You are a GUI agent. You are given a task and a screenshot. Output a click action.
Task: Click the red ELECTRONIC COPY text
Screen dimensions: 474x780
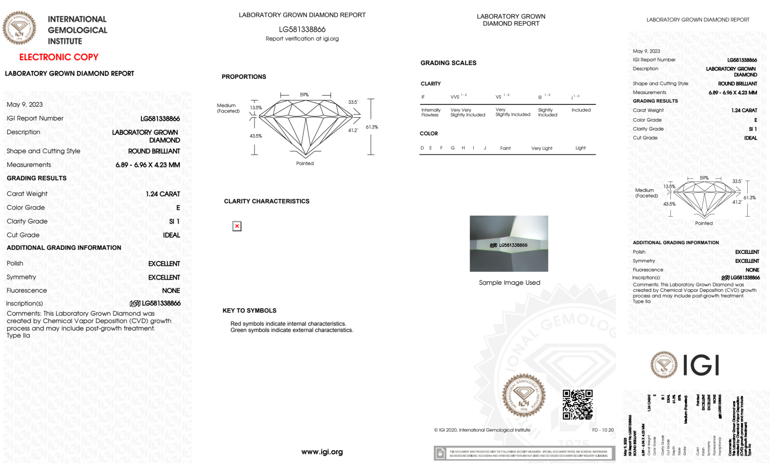pyautogui.click(x=59, y=57)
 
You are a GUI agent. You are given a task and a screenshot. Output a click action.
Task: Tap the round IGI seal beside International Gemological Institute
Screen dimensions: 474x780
pyautogui.click(x=19, y=28)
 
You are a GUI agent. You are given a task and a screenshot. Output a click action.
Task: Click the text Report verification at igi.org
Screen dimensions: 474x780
pyautogui.click(x=302, y=39)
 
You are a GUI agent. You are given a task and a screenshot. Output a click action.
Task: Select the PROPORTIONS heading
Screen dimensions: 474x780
pyautogui.click(x=244, y=76)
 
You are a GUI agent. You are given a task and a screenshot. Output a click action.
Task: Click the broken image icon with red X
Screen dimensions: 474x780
pyautogui.click(x=237, y=226)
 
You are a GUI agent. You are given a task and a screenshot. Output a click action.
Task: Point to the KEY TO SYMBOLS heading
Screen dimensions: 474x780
pyautogui.click(x=249, y=311)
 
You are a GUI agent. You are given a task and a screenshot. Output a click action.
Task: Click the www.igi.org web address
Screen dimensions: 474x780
pyautogui.click(x=322, y=452)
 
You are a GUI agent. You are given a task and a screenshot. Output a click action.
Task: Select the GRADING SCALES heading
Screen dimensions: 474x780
pyautogui.click(x=448, y=63)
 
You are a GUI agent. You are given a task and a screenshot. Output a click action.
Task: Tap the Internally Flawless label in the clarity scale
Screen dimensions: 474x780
pyautogui.click(x=431, y=112)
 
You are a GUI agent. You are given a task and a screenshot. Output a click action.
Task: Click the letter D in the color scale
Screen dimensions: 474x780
pyautogui.click(x=422, y=148)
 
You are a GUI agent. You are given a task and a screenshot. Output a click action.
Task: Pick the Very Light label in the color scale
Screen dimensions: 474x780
pyautogui.click(x=541, y=148)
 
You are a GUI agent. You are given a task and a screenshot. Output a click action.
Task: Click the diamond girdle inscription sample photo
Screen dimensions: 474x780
pyautogui.click(x=509, y=243)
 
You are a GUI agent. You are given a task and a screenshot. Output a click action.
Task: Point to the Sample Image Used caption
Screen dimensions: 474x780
pyautogui.click(x=509, y=282)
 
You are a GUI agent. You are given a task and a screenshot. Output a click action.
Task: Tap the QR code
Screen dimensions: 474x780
pyautogui.click(x=577, y=405)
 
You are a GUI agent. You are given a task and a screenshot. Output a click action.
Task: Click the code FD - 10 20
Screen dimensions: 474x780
pyautogui.click(x=603, y=430)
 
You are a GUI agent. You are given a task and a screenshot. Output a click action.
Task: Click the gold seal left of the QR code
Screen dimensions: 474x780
pyautogui.click(x=524, y=396)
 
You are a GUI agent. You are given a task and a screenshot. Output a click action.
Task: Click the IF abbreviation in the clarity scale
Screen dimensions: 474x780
pyautogui.click(x=423, y=97)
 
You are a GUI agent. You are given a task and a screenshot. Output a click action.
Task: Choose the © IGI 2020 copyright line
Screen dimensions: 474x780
pyautogui.click(x=482, y=430)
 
